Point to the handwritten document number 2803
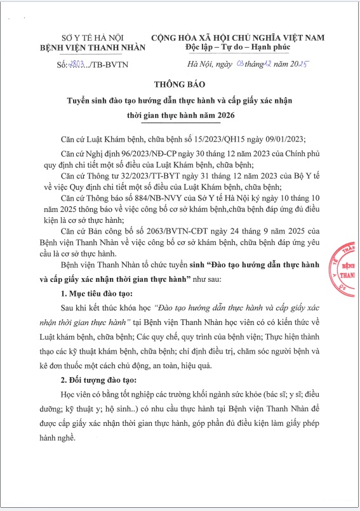tap(76, 65)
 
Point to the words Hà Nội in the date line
tap(198, 65)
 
